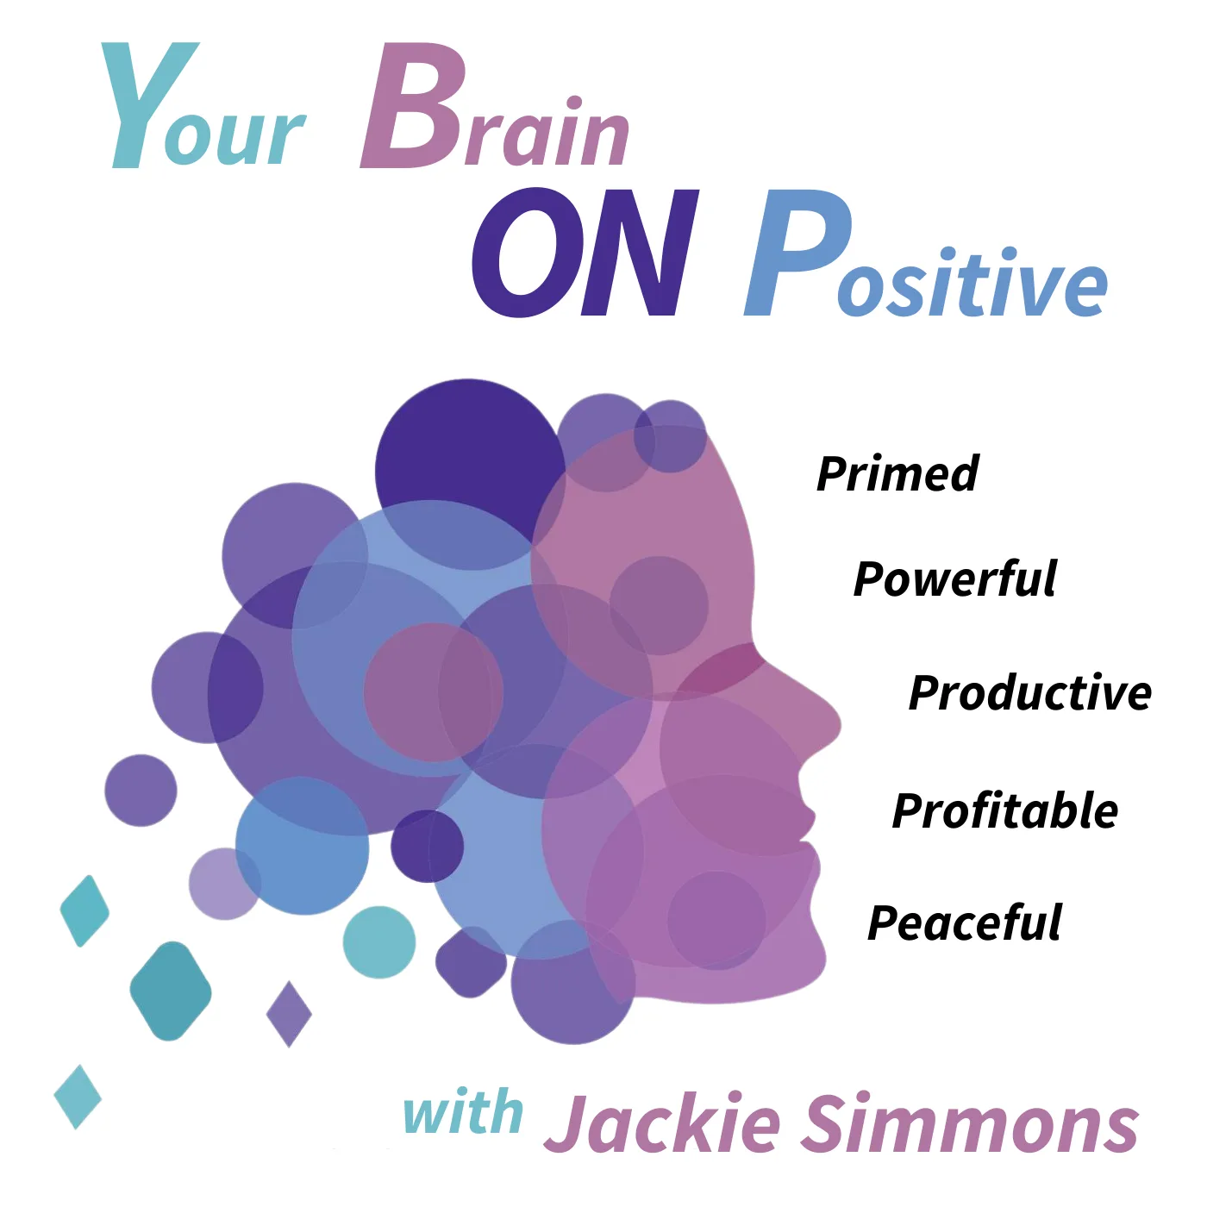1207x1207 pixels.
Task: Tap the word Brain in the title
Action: (x=495, y=105)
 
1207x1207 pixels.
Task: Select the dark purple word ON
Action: (x=585, y=252)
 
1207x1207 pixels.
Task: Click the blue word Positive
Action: (x=926, y=252)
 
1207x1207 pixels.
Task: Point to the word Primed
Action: (x=897, y=474)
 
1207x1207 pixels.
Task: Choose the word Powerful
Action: (x=955, y=578)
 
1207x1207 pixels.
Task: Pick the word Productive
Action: (x=1030, y=693)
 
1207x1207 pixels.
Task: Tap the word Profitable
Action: (x=1005, y=810)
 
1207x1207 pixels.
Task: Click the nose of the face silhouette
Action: (x=826, y=720)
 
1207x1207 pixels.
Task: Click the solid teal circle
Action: (x=379, y=941)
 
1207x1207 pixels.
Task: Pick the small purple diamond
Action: (x=289, y=1014)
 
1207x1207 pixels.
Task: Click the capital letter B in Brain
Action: (x=414, y=105)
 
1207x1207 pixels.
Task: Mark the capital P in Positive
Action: (x=796, y=252)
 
